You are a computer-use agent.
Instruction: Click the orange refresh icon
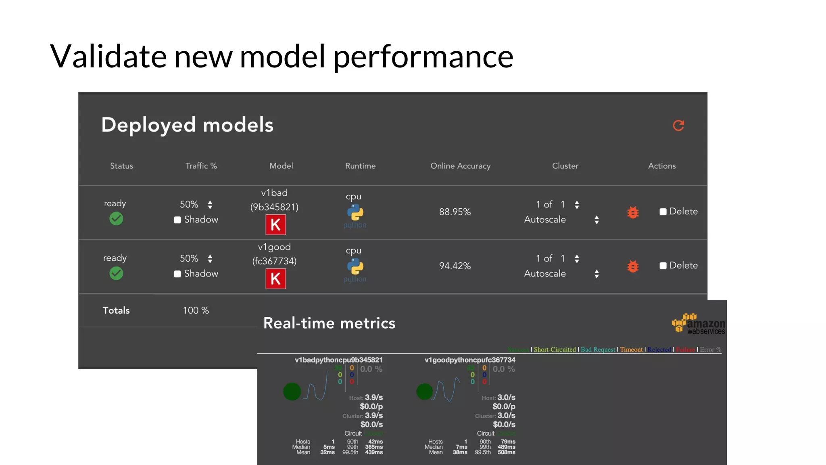point(678,126)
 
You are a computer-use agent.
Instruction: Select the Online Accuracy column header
point(460,166)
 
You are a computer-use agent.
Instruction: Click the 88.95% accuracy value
point(455,212)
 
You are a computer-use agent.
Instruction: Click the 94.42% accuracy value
point(455,266)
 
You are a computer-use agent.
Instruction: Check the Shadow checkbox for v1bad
point(177,220)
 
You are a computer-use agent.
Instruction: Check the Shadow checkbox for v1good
point(177,274)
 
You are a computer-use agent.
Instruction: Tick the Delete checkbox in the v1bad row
point(663,212)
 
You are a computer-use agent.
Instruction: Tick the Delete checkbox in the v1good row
point(663,266)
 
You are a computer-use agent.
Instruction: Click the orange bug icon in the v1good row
point(633,266)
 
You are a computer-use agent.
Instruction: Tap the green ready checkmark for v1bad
point(116,219)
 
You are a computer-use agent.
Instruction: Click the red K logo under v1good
point(275,279)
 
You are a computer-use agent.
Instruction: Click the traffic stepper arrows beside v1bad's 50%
point(210,205)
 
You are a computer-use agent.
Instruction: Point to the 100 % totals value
point(196,310)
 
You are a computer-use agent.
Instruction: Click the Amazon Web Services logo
point(698,324)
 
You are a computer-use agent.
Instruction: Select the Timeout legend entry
point(631,350)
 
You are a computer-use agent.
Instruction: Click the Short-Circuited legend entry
point(555,350)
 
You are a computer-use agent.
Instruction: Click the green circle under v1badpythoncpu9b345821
point(292,392)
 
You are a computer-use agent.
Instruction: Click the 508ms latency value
point(506,452)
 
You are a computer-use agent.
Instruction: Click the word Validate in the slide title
point(108,57)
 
